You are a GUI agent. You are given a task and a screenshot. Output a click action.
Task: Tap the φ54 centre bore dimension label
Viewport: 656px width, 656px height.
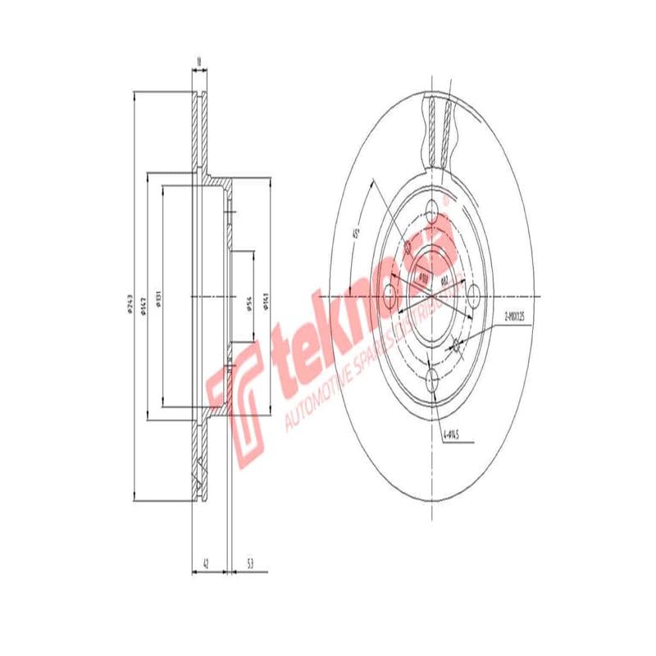coord(247,307)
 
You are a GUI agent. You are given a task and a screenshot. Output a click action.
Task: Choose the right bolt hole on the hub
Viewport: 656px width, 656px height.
coord(474,294)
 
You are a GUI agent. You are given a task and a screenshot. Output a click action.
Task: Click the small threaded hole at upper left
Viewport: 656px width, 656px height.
coord(408,247)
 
